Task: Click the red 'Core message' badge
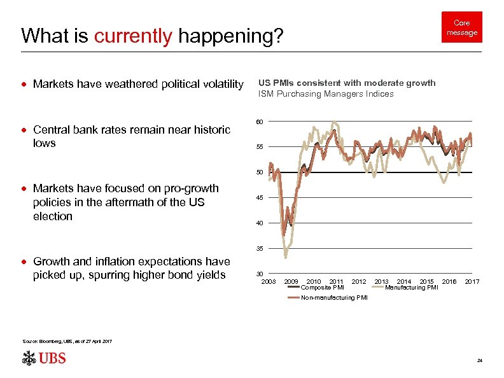click(461, 27)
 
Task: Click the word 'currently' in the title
click(132, 36)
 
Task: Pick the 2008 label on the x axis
click(269, 281)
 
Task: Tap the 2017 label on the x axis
click(472, 281)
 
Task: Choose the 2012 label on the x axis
click(359, 281)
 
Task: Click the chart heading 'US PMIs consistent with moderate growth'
click(347, 83)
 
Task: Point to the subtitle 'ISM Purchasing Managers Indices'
click(326, 94)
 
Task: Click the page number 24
click(479, 361)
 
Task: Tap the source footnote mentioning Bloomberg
click(67, 342)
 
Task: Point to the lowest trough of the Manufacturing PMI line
click(286, 257)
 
